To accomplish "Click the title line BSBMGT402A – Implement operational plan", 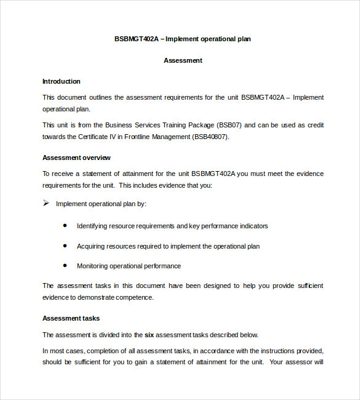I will click(183, 39).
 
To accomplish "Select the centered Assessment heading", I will click(183, 60).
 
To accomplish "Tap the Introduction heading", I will click(62, 81).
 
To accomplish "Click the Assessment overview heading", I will click(76, 158).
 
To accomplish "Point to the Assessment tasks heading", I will click(71, 318).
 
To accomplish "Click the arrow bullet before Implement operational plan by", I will click(46, 203).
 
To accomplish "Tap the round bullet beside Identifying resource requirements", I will click(65, 225).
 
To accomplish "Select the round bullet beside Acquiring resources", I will click(65, 246).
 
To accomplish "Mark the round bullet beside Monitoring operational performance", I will click(65, 266).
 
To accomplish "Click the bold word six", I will click(149, 335).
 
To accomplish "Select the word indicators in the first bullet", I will click(253, 226).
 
